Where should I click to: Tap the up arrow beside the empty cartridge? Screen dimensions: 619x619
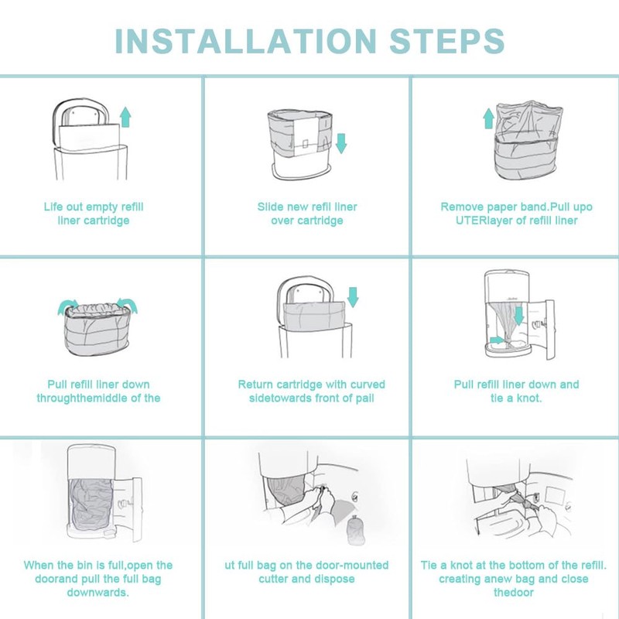point(125,118)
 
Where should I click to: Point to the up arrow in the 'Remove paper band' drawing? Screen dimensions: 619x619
point(488,118)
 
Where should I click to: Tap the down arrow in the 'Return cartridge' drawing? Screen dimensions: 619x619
point(354,296)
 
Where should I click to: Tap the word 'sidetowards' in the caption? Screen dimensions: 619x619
point(279,398)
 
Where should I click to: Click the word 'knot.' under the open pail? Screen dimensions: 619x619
point(527,398)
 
